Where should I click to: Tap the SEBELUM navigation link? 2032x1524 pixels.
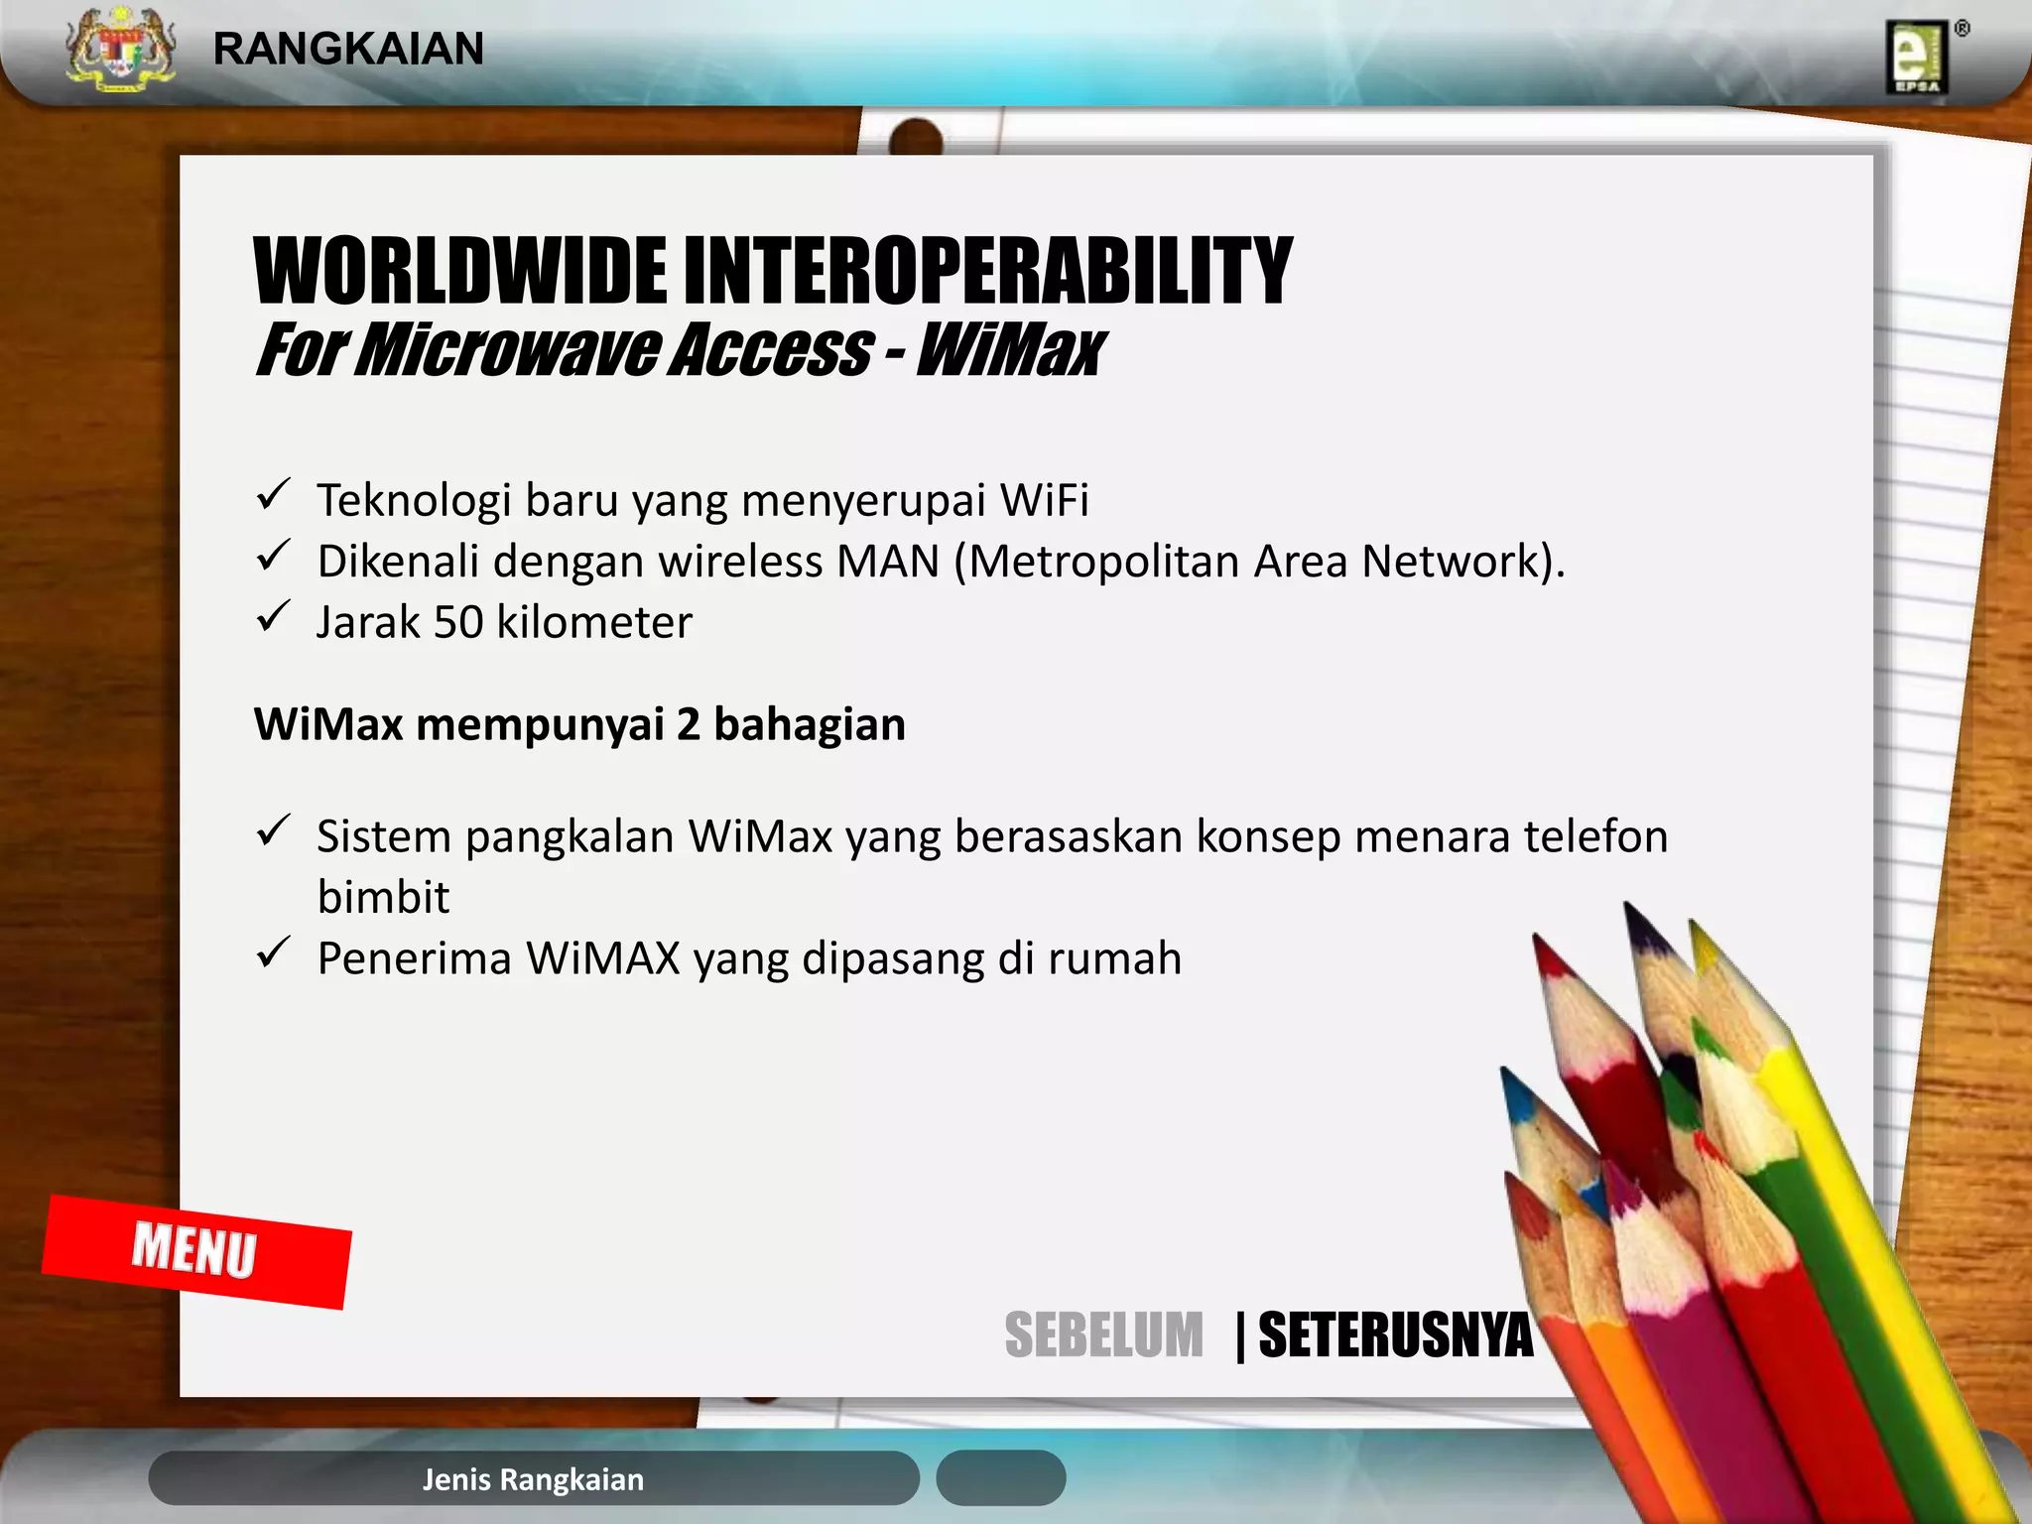click(1103, 1335)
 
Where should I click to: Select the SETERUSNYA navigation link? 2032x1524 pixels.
click(1395, 1335)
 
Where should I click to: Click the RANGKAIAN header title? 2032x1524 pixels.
click(348, 49)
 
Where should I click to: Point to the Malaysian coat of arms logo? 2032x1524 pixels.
click(120, 50)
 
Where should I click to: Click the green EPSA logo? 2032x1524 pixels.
click(1917, 59)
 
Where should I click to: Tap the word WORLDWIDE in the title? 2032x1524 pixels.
click(460, 271)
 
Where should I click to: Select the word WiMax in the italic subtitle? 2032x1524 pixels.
click(1009, 350)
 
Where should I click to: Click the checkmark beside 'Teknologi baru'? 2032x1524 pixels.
click(273, 494)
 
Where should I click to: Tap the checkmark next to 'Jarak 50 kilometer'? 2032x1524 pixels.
click(273, 617)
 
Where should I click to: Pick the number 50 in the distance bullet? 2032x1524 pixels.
click(458, 623)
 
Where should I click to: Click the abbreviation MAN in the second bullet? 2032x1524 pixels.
click(888, 562)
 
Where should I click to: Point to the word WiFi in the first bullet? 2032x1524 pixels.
click(1044, 500)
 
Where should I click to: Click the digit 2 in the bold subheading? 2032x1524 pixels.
click(689, 724)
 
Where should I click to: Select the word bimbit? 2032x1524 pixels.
click(383, 898)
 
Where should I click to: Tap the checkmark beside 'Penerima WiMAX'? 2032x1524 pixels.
click(273, 953)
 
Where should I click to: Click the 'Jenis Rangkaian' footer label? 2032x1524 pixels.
click(533, 1479)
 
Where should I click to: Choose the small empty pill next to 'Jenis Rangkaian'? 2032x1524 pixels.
click(1000, 1478)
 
